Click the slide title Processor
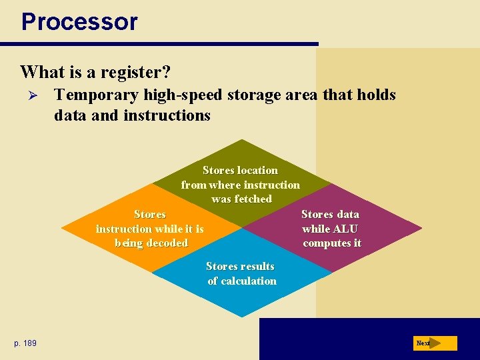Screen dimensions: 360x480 click(x=79, y=21)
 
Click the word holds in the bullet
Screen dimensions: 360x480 click(x=377, y=95)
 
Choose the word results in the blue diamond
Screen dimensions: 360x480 click(x=257, y=266)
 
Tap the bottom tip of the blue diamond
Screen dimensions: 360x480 click(x=242, y=316)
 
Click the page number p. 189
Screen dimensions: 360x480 click(x=25, y=343)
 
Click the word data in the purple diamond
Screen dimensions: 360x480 click(x=347, y=214)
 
